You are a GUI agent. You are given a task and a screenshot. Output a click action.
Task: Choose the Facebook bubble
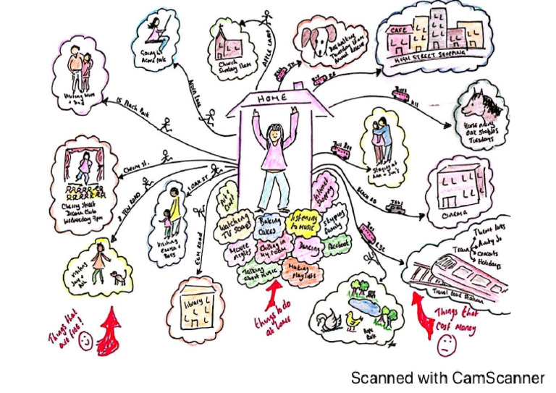point(336,246)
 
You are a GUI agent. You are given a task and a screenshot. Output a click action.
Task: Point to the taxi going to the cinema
point(396,208)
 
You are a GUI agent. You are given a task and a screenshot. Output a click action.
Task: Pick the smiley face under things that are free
point(85,339)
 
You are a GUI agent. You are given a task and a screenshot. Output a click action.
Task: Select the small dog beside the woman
point(117,275)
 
